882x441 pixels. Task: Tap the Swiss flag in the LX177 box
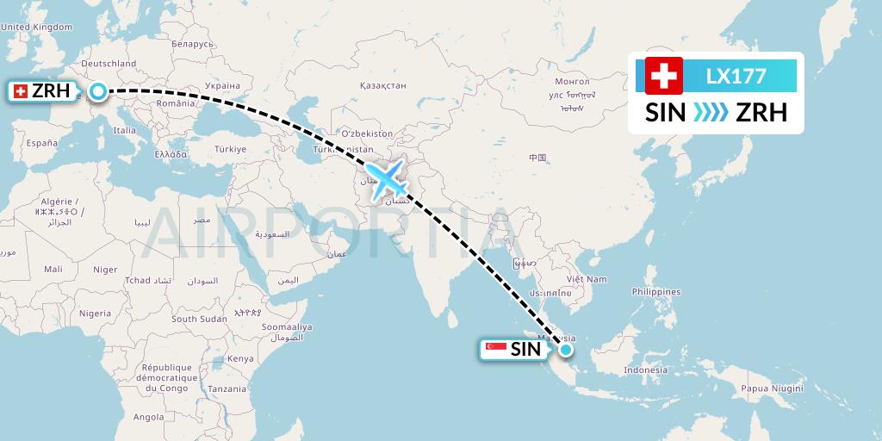point(663,76)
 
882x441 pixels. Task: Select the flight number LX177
point(736,76)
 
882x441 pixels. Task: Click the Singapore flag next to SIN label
point(495,349)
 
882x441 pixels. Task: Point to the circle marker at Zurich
point(99,90)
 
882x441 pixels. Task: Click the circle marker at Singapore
point(565,349)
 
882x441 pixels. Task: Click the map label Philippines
point(655,292)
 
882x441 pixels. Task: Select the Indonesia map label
point(645,370)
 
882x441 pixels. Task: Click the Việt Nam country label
point(586,279)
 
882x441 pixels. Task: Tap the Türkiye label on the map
point(231,149)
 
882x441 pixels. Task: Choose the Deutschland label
point(109,64)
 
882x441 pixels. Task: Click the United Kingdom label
point(37,27)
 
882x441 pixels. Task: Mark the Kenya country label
point(240,358)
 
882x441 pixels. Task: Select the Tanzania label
point(227,388)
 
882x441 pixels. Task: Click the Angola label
point(148,417)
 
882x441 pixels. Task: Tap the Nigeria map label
point(96,314)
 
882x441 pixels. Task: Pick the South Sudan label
point(199,319)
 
